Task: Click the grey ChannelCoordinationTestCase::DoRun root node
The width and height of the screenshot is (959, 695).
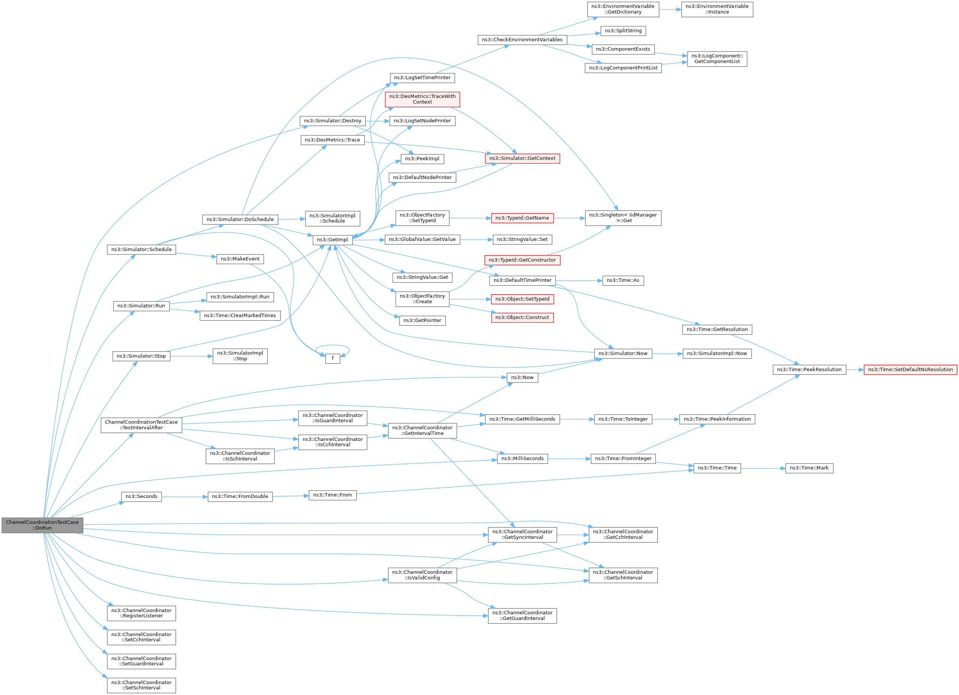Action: (42, 525)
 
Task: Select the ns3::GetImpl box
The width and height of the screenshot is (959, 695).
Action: (332, 240)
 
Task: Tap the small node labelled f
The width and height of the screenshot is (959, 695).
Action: (333, 358)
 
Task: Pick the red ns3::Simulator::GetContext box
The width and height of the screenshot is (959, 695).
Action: (522, 159)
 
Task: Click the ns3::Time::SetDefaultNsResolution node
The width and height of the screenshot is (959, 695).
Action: (910, 370)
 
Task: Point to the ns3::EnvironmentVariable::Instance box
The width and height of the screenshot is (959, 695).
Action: (717, 9)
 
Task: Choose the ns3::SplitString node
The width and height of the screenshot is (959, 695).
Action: (623, 31)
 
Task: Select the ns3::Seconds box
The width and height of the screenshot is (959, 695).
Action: (141, 496)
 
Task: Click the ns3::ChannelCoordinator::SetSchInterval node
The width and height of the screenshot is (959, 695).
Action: (141, 685)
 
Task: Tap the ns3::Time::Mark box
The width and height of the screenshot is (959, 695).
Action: (809, 468)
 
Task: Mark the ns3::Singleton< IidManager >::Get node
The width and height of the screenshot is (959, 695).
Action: (623, 218)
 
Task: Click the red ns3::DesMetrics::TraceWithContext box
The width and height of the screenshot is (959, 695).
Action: (422, 99)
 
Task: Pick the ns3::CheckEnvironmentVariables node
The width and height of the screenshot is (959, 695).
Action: (522, 40)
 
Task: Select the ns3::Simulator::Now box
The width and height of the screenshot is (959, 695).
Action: (623, 354)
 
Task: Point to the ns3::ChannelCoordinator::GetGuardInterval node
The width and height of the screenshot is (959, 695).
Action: (522, 615)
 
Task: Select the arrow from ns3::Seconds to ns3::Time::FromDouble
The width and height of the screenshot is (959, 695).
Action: (185, 496)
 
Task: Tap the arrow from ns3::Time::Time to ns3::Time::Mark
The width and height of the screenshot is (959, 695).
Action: (763, 468)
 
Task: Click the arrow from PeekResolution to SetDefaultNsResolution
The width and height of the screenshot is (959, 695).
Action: (855, 370)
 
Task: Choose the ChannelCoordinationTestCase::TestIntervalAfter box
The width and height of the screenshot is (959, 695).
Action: (141, 425)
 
